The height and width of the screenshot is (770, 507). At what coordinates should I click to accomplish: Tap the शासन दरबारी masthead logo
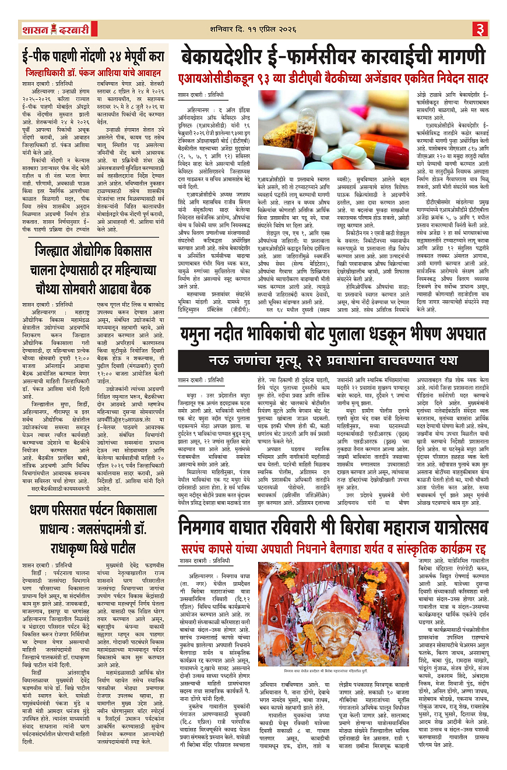pyautogui.click(x=48, y=29)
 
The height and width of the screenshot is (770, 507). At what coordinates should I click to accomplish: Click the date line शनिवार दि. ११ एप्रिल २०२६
pyautogui.click(x=255, y=28)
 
